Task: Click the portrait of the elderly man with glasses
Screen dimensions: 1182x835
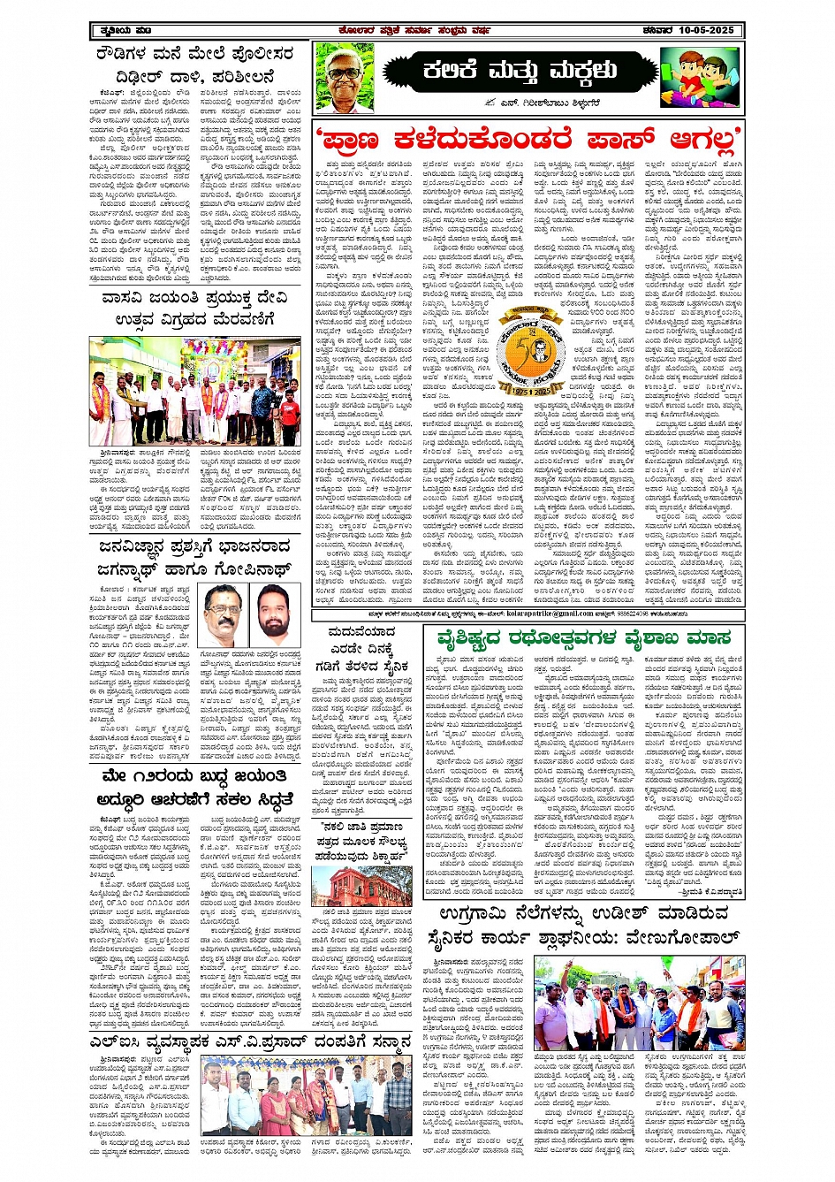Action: tap(344, 75)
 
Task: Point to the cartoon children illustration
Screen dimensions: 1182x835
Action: tap(700, 77)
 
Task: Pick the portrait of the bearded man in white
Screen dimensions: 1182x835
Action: tap(275, 614)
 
